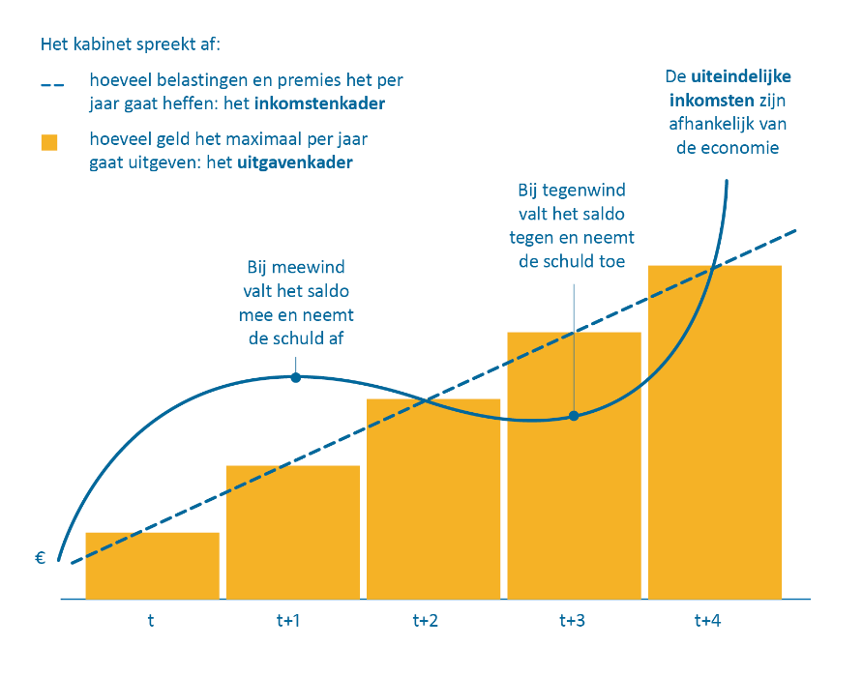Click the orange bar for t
[x=152, y=566]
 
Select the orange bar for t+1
[x=293, y=532]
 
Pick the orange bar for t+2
[x=433, y=499]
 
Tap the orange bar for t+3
[x=574, y=465]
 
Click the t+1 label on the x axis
[x=288, y=622]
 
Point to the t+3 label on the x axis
[x=572, y=622]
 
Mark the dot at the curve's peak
[x=295, y=377]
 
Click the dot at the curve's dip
[x=574, y=416]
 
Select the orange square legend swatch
[x=49, y=142]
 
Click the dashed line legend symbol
[x=49, y=84]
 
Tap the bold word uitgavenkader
[x=294, y=162]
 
